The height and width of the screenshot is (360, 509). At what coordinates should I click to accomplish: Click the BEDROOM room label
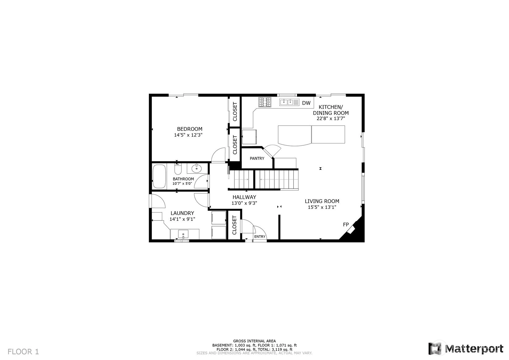[190, 129]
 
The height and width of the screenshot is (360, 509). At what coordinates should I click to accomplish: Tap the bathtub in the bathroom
[159, 176]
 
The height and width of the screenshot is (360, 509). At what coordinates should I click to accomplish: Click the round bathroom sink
[196, 169]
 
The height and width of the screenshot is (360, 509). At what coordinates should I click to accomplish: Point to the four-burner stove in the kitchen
[265, 102]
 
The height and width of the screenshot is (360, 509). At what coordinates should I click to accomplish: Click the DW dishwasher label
[306, 103]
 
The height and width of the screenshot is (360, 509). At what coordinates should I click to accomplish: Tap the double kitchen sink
[289, 102]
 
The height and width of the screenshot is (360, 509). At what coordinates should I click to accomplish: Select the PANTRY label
[257, 159]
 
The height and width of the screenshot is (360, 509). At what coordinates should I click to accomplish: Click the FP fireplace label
[346, 225]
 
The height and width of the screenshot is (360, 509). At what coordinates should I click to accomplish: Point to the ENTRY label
[260, 237]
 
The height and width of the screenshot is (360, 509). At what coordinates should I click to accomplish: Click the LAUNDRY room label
[182, 213]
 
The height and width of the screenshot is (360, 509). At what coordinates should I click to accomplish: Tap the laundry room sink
[183, 234]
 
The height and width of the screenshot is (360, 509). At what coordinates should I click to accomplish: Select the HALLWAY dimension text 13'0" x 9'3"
[244, 203]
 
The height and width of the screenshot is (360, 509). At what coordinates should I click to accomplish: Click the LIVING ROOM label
[322, 201]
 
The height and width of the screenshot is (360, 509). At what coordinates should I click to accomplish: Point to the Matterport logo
[466, 349]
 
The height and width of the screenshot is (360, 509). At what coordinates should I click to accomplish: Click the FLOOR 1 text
[23, 352]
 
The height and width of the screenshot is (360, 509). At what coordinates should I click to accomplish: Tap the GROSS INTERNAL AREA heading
[254, 341]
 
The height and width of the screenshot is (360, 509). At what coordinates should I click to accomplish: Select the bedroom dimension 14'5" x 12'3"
[188, 135]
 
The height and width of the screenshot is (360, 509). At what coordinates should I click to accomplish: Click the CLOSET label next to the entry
[235, 225]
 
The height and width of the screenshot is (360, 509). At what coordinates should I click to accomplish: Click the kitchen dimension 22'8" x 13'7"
[331, 118]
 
